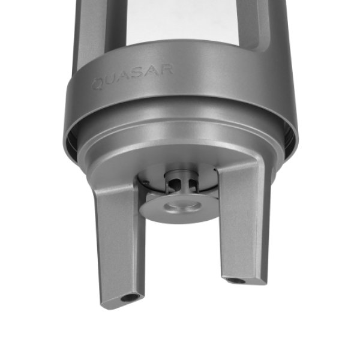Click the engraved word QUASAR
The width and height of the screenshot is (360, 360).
point(132,76)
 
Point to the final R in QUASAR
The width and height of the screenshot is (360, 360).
point(166,69)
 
